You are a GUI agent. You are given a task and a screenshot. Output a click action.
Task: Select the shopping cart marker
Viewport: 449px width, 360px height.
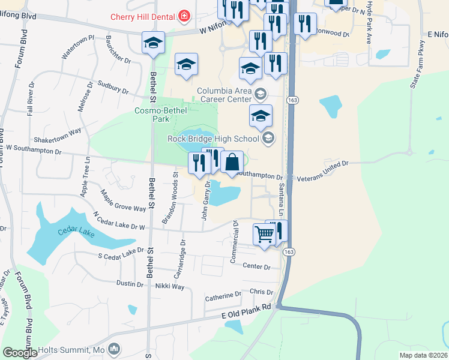pyautogui.click(x=264, y=235)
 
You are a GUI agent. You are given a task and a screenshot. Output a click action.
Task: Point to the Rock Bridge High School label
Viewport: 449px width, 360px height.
pyautogui.click(x=213, y=139)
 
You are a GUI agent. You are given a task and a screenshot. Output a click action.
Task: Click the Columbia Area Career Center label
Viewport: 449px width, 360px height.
pyautogui.click(x=224, y=95)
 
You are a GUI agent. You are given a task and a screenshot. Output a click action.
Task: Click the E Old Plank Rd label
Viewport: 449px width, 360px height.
pyautogui.click(x=247, y=310)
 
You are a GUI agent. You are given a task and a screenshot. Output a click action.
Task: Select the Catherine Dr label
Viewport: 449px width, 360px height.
pyautogui.click(x=223, y=296)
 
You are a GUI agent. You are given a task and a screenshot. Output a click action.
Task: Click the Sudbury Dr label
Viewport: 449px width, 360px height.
pyautogui.click(x=112, y=88)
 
